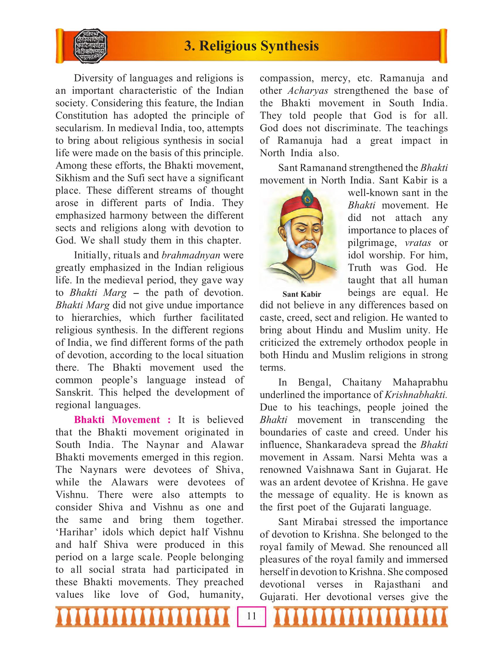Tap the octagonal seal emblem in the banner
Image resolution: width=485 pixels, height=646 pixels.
pyautogui.click(x=91, y=46)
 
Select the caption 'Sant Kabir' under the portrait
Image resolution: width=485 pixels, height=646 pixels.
pyautogui.click(x=302, y=294)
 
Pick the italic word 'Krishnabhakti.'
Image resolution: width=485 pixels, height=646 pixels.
pyautogui.click(x=416, y=395)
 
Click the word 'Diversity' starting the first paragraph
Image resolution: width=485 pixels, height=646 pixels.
pyautogui.click(x=93, y=78)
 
